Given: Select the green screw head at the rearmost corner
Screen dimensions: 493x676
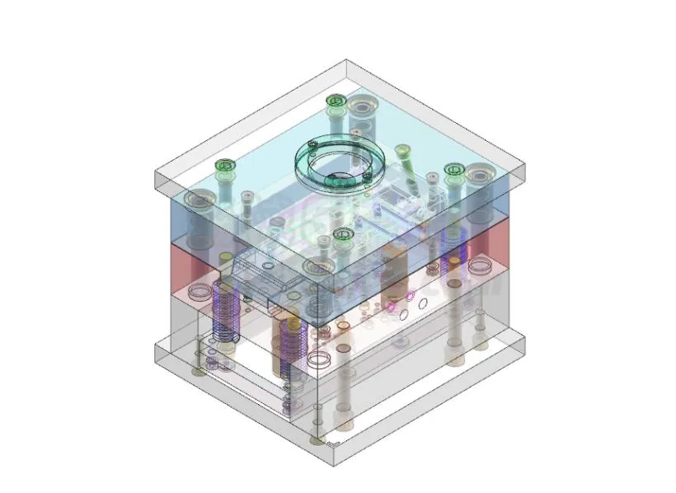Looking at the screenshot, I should [334, 101].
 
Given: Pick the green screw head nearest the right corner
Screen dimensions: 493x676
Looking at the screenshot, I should [453, 170].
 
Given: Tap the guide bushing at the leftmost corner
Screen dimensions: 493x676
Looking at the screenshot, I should [199, 200].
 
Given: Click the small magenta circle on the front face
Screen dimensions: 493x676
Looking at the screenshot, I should [408, 293].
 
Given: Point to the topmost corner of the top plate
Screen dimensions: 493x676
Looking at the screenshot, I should [346, 60].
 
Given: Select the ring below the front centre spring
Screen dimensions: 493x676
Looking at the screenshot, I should [318, 361].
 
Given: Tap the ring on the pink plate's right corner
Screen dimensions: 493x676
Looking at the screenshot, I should [478, 267].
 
